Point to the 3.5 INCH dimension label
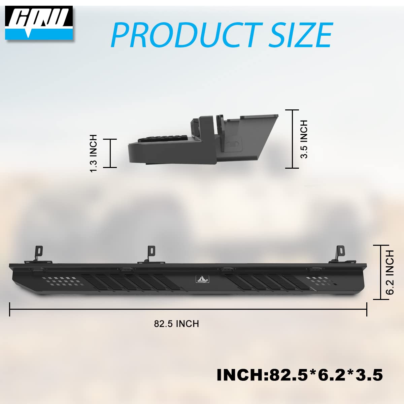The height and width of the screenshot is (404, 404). (304, 139)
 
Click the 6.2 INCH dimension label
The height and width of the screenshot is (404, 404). (390, 272)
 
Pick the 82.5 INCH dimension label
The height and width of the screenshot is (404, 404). (176, 324)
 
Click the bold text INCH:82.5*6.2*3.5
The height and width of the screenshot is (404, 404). (300, 374)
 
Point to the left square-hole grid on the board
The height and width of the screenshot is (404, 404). (59, 281)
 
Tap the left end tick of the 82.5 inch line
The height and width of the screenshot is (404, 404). (10, 309)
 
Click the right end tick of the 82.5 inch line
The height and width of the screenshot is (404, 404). (367, 309)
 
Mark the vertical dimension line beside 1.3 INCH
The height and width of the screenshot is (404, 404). (110, 153)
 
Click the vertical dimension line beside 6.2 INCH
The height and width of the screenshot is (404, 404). (381, 272)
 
